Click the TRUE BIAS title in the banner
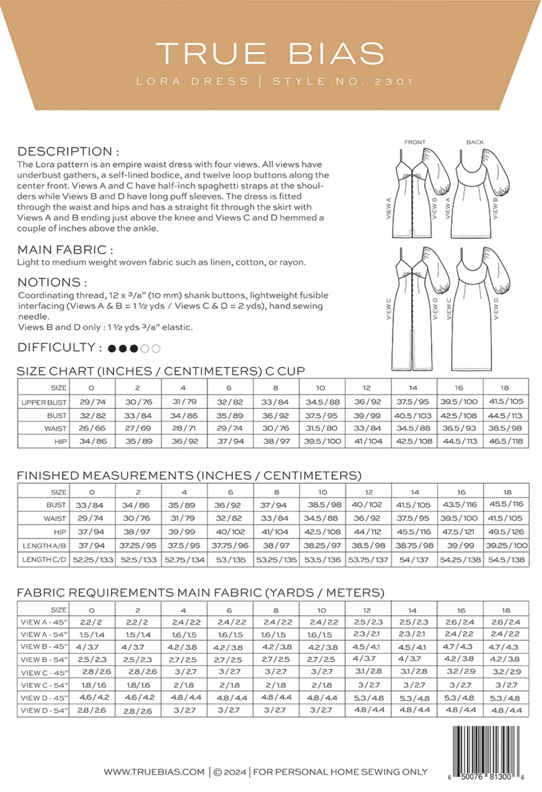(x=270, y=54)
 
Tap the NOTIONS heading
(x=52, y=282)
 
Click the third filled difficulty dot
(x=134, y=348)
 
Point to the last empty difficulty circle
(x=156, y=348)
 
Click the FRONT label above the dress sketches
(x=415, y=142)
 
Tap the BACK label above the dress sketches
(x=474, y=142)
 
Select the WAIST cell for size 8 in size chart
(x=276, y=428)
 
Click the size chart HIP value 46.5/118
(x=506, y=441)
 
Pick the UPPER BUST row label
(x=44, y=402)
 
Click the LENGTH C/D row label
(x=44, y=559)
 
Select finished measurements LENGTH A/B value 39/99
(x=460, y=545)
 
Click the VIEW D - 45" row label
(x=44, y=697)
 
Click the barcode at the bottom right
(x=486, y=749)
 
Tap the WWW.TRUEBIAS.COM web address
(x=154, y=772)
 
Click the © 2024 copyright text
(x=230, y=772)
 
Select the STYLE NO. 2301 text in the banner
(x=342, y=82)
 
